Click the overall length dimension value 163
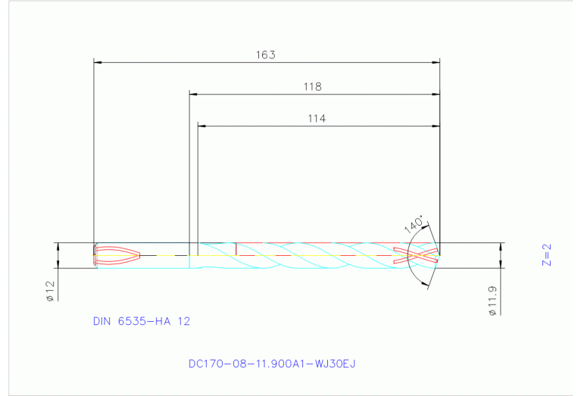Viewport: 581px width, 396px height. point(266,55)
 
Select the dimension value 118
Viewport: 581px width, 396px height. point(313,87)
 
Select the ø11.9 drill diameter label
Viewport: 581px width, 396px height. point(492,301)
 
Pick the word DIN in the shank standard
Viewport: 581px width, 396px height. point(102,321)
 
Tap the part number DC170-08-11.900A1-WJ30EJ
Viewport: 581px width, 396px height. point(272,363)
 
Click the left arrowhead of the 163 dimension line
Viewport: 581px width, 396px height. point(97,62)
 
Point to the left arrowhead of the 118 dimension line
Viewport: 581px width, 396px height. point(193,95)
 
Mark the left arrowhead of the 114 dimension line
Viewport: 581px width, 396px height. point(202,126)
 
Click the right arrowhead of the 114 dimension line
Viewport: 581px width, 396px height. point(436,126)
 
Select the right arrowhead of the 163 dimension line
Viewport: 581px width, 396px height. point(436,62)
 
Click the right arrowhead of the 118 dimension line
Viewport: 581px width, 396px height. point(436,95)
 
